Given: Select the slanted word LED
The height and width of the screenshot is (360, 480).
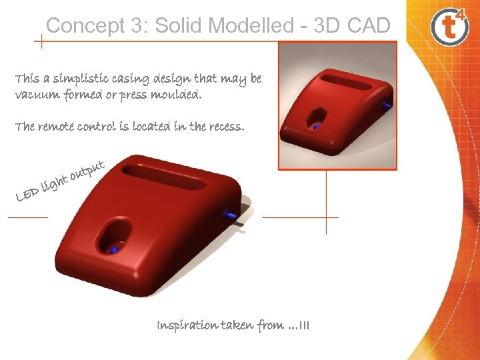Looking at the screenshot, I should [27, 194].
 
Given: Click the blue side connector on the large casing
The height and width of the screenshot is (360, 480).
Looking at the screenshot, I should [230, 214].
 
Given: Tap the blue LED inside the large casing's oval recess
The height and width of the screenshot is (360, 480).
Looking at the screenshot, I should [114, 250].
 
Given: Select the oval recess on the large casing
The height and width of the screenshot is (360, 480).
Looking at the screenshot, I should [111, 239].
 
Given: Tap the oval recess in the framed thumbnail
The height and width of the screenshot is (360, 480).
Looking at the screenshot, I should [317, 119].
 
